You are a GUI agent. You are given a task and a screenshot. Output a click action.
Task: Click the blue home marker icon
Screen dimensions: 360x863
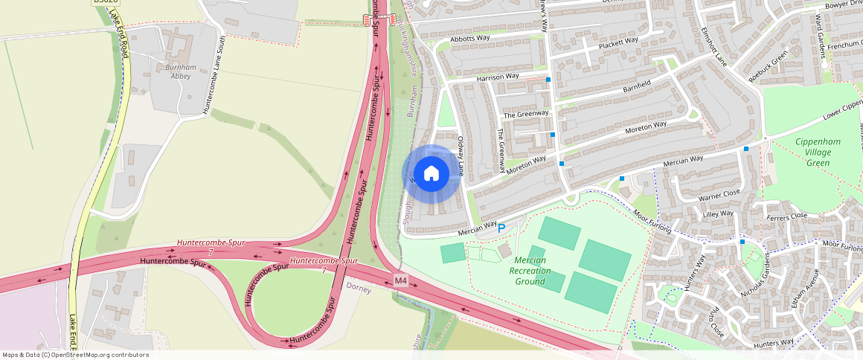click(x=431, y=174)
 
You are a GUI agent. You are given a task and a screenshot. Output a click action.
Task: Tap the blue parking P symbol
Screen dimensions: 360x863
click(x=501, y=228)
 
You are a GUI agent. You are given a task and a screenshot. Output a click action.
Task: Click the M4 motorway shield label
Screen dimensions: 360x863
click(x=401, y=280)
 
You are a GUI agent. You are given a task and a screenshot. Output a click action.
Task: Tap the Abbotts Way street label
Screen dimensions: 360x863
click(x=470, y=38)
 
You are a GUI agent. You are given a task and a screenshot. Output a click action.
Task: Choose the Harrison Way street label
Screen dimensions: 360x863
click(x=498, y=77)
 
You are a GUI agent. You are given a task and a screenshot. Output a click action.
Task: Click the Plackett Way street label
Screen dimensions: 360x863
click(x=618, y=42)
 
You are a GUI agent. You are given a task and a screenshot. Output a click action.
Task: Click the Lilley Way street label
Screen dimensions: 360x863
click(x=718, y=215)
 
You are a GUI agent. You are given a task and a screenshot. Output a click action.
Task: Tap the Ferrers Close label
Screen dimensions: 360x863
click(x=788, y=216)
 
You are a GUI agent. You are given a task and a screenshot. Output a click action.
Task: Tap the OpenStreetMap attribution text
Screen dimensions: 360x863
click(x=75, y=355)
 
